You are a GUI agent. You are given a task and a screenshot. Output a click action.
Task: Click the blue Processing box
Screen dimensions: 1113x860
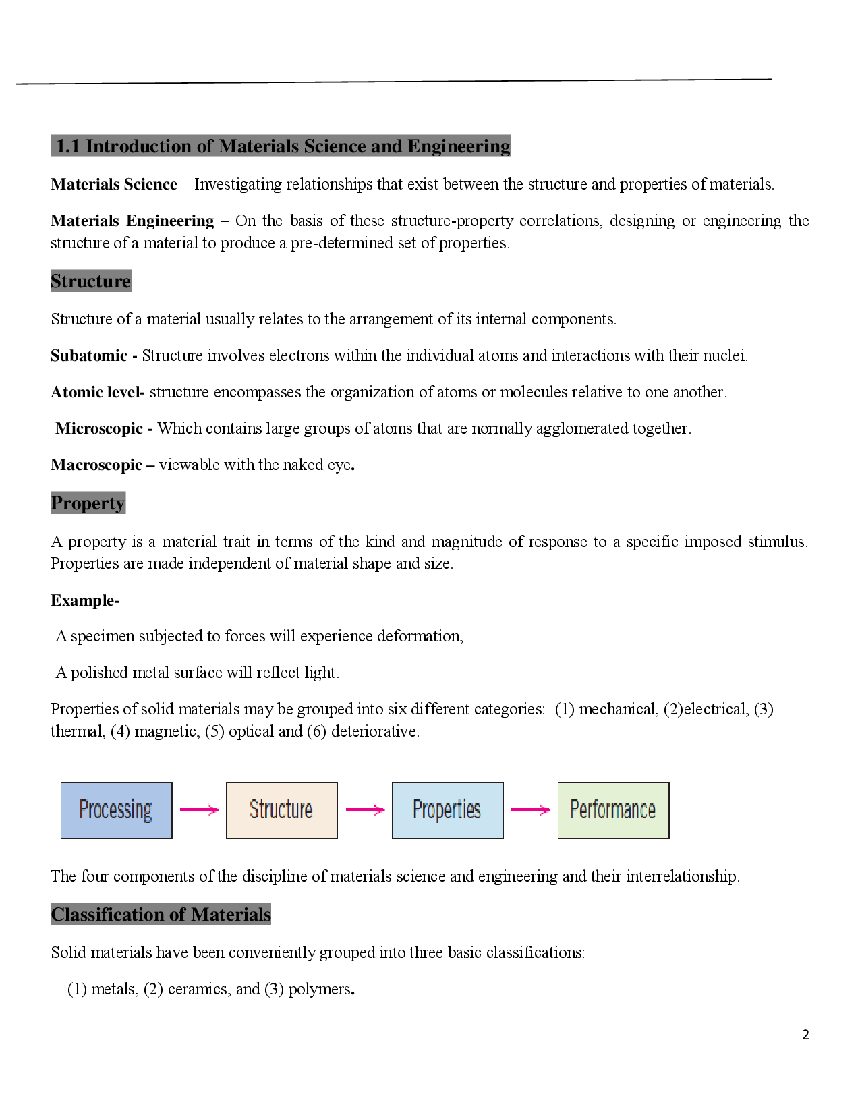click(x=116, y=810)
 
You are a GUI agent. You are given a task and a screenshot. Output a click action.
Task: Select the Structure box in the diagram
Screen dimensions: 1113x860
click(x=281, y=810)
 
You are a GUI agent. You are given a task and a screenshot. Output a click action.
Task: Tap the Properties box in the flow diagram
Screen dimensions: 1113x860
click(x=447, y=810)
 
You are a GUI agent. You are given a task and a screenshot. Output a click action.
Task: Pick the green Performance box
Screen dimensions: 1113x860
click(x=613, y=810)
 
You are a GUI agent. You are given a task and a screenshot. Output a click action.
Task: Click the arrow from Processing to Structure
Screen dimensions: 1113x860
click(x=199, y=810)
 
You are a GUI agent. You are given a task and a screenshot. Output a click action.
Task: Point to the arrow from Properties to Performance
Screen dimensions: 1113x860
click(x=530, y=810)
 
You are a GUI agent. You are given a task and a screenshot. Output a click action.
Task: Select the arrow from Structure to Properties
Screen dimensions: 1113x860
click(x=364, y=810)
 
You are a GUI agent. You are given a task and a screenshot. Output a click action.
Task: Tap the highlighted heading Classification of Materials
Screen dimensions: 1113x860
click(x=161, y=915)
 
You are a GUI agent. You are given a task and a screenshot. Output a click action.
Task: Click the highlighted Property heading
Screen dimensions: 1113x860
click(x=88, y=503)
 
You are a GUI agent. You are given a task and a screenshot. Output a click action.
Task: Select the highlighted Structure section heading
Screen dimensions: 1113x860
click(x=90, y=281)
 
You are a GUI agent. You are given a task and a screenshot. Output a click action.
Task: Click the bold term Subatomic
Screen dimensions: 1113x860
click(x=89, y=356)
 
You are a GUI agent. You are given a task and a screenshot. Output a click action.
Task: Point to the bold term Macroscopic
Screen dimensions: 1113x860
click(x=96, y=465)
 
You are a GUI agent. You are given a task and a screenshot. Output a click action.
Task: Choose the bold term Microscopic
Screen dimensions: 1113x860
click(x=99, y=429)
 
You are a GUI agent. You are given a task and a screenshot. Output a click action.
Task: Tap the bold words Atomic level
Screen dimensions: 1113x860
click(x=96, y=393)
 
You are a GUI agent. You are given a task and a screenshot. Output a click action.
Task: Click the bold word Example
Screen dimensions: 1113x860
click(x=83, y=601)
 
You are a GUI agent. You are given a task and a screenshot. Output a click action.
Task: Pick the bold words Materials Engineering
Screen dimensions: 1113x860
click(x=132, y=221)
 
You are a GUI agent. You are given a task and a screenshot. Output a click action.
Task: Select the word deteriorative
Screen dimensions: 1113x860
click(x=374, y=732)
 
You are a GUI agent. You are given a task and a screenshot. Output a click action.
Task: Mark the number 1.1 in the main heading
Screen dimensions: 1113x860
click(x=68, y=146)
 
